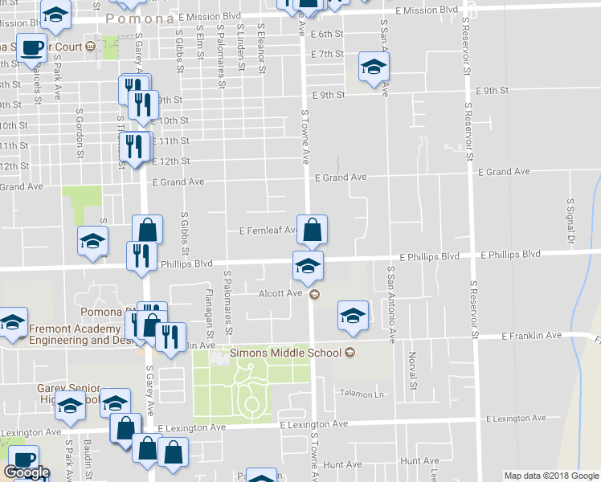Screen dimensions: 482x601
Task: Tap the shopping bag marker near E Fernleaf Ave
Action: coord(312,230)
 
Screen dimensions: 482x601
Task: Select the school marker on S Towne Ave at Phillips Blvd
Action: coord(308,266)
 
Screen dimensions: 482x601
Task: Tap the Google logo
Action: coord(27,472)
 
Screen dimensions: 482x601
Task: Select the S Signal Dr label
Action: coord(571,219)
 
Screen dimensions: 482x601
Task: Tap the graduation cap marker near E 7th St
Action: coord(374,67)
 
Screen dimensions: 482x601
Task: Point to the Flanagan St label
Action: coord(210,313)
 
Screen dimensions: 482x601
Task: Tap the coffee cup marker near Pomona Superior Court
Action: coord(31,47)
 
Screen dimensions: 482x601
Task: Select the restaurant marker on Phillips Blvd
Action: coord(141,255)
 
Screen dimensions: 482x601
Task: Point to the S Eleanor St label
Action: coord(261,47)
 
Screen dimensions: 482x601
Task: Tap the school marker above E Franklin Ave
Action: coord(352,317)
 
